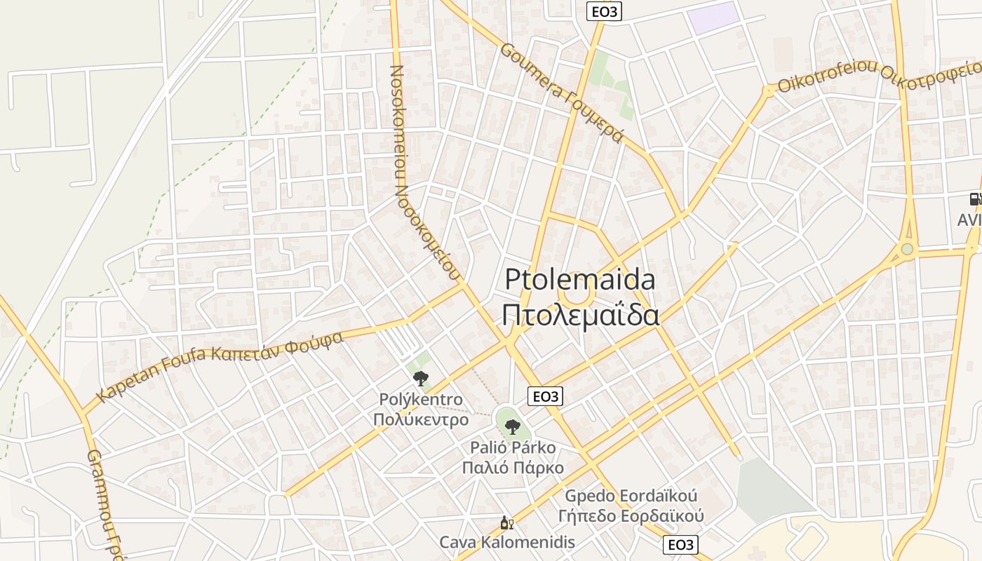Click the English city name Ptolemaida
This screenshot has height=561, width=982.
pos(580,280)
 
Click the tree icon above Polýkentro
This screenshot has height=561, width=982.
pos(420,379)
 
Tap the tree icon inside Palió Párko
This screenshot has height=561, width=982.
pos(513,426)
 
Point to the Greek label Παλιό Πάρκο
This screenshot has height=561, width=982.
pos(513,468)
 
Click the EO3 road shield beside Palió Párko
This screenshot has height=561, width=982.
pos(546,396)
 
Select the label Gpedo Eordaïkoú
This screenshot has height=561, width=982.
pos(631,496)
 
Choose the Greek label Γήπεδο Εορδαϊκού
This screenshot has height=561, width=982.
pos(631,517)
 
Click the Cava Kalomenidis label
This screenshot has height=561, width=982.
pos(507,542)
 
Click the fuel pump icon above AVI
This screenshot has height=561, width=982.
pos(975,199)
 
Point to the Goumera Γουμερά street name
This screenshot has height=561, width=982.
pos(561,92)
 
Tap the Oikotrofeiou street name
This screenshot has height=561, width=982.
pos(828,76)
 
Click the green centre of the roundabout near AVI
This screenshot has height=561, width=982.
pos(907,249)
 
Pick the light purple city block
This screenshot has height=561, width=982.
pos(713,18)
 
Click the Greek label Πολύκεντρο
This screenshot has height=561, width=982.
pos(420,420)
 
